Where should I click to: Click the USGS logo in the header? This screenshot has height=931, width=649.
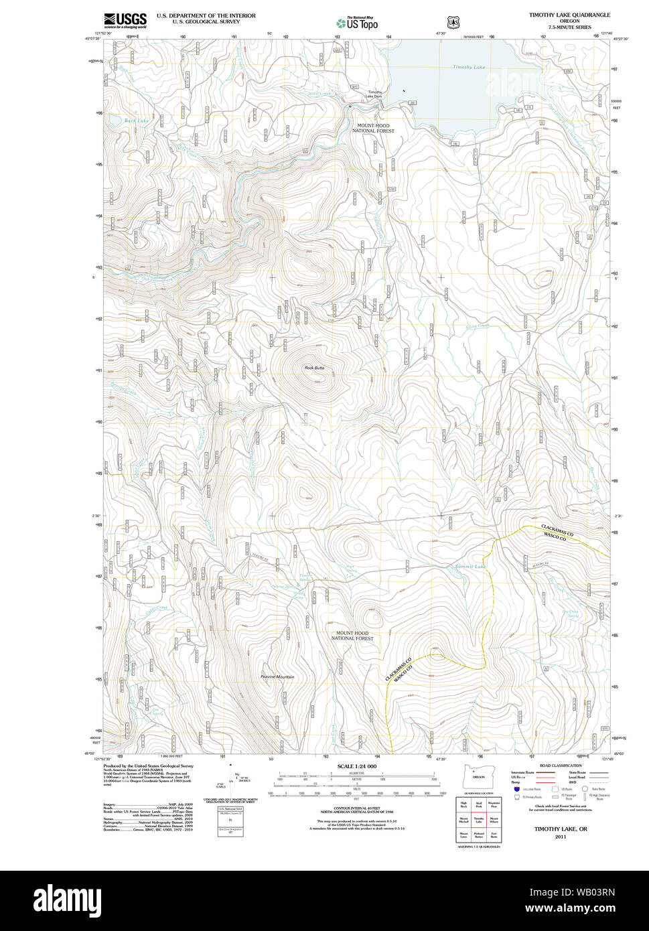point(125,20)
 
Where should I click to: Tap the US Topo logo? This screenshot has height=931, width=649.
point(358,23)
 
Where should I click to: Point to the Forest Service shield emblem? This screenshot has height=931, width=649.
point(453,22)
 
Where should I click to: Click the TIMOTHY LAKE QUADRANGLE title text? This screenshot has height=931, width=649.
point(569,14)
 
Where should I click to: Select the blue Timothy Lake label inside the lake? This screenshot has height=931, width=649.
point(468,67)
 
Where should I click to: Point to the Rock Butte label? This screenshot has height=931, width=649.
point(314,368)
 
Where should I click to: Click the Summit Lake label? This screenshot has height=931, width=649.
point(470,567)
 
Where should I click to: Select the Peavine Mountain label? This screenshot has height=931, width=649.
point(277,677)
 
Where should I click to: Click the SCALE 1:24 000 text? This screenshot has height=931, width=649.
point(357,766)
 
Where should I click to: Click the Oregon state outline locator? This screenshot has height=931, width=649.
point(477,776)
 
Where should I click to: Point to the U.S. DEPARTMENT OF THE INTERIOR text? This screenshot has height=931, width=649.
point(206,15)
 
